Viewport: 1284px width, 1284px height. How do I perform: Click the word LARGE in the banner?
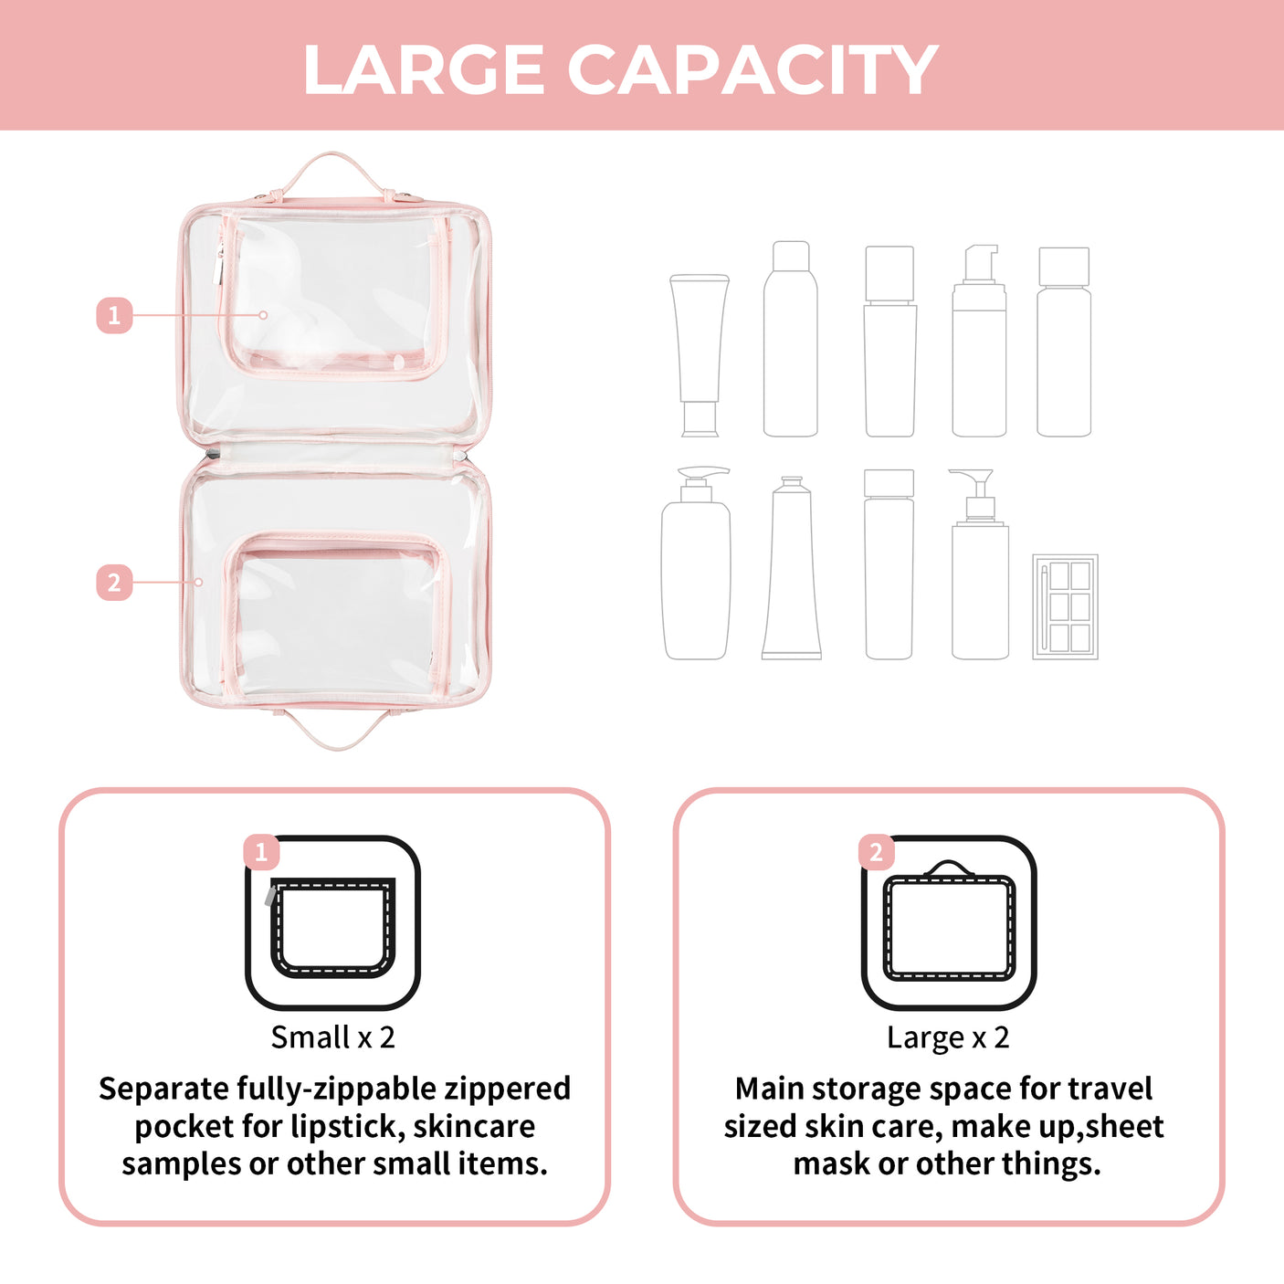424,70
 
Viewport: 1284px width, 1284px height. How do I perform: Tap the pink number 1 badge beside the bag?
114,315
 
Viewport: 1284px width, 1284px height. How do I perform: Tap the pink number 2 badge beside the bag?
114,582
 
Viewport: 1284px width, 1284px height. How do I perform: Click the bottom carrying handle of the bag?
336,731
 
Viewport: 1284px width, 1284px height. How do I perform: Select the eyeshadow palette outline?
1065,606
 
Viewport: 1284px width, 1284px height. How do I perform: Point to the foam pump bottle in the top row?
979,342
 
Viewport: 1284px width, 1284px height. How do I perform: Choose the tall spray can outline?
791,340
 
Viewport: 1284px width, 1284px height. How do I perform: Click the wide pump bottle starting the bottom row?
696,566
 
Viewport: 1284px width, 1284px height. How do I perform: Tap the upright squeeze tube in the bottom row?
792,568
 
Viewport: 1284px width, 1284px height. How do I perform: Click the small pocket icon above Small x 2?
332,923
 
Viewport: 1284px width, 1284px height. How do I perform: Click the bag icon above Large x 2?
949,923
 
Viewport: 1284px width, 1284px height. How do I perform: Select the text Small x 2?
332,1037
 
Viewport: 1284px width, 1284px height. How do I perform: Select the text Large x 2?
948,1037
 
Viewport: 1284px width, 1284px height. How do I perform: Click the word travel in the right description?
1110,1089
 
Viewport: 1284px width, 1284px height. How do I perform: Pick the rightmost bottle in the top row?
1064,342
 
